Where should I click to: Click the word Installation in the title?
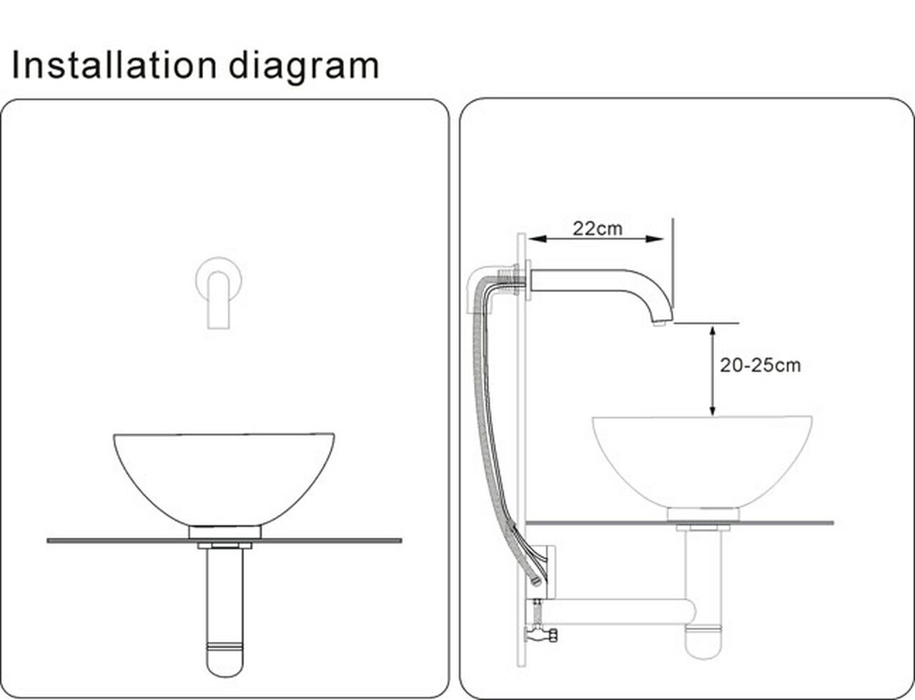click(x=114, y=65)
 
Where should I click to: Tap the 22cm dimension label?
click(x=597, y=228)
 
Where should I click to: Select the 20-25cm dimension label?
click(x=760, y=365)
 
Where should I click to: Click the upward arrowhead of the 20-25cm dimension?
click(x=712, y=330)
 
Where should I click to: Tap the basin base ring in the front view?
click(x=224, y=532)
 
